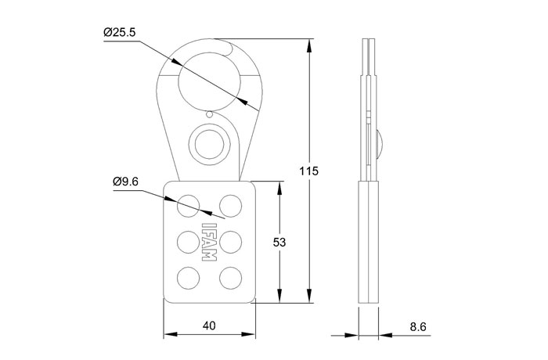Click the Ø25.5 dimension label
[x=119, y=33]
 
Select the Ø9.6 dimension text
[x=125, y=182]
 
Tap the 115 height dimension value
[x=309, y=171]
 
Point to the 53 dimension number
[x=279, y=242]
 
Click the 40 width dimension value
[x=209, y=326]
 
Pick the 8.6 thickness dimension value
[x=418, y=327]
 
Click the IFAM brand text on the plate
[x=209, y=242]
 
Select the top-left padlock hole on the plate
[x=189, y=206]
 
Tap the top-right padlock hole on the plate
[x=230, y=206]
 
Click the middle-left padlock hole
[x=189, y=242]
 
